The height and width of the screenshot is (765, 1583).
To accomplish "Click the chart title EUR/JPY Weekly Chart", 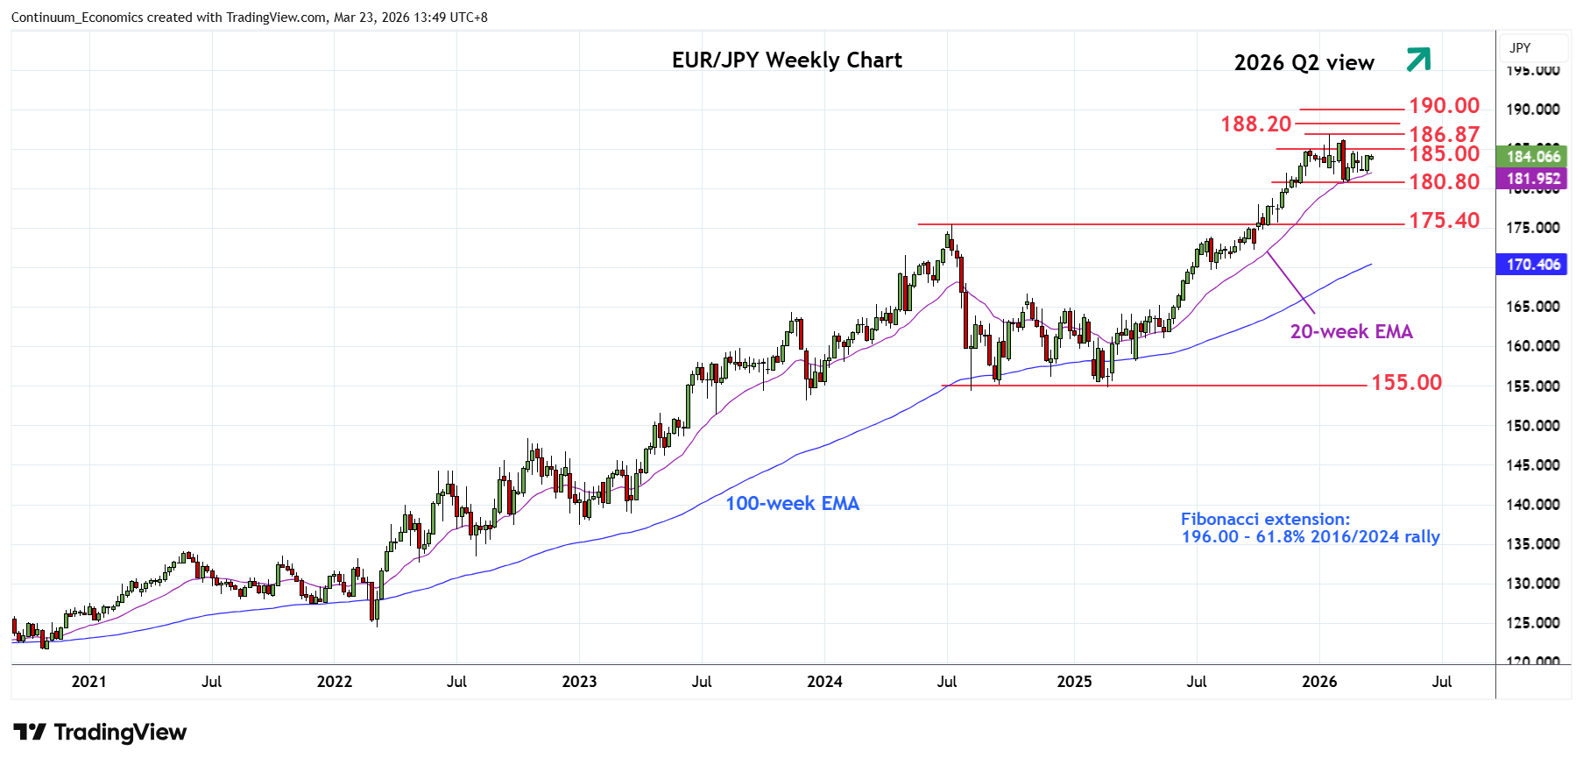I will point(787,60).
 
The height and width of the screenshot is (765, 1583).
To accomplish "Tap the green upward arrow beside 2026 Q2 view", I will point(1417,60).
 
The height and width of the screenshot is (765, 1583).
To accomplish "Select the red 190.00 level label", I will point(1444,106).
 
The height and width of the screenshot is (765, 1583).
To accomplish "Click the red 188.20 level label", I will point(1255,124).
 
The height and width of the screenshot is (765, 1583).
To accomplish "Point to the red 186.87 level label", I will point(1444,134).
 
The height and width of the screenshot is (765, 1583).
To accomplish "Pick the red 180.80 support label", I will point(1444,182).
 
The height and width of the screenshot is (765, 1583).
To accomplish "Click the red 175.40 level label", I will point(1444,221).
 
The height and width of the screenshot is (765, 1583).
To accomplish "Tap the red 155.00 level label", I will point(1405,383).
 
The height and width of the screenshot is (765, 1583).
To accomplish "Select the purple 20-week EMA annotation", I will point(1351,332).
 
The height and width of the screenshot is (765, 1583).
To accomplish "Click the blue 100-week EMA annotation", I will point(792,504).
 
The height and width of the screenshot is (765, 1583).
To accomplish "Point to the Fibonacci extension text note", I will point(1310,528).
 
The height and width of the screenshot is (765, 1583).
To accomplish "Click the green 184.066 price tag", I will point(1532,157).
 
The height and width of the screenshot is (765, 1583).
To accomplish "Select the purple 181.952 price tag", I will point(1532,179).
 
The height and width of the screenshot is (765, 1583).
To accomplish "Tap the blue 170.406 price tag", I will point(1532,265).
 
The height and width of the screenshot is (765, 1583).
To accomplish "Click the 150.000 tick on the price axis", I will point(1532,426).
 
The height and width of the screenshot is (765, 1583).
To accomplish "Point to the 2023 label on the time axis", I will point(579,682).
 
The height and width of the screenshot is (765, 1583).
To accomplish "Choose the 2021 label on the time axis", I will point(88,682).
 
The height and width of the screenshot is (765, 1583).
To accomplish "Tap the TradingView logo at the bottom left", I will point(100,733).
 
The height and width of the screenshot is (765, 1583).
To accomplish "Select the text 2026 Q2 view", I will point(1304,63).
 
